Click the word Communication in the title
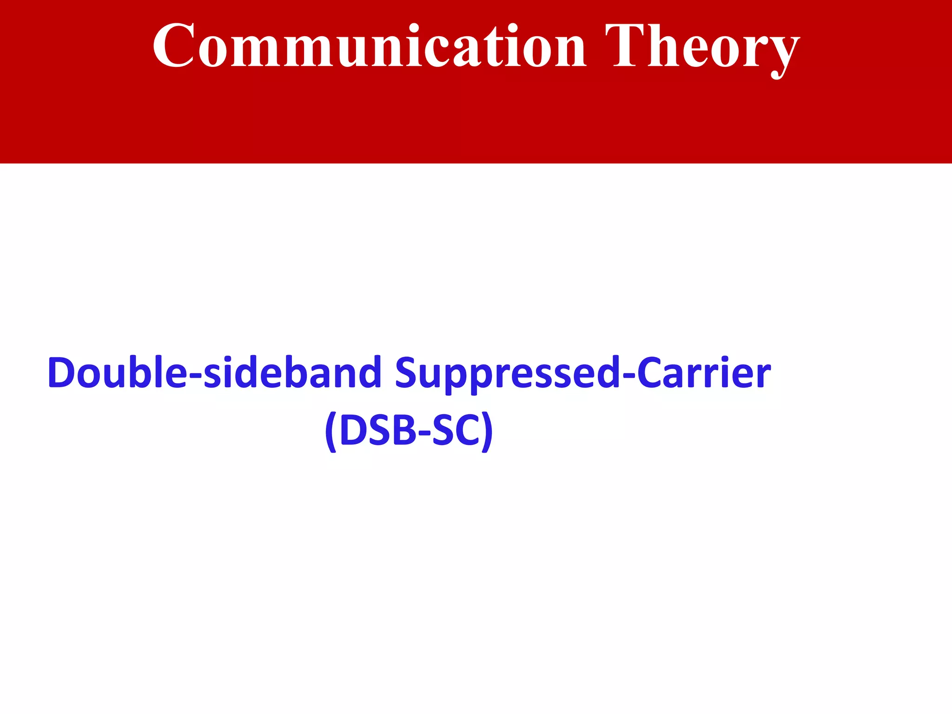[x=370, y=46]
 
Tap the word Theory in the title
[x=702, y=46]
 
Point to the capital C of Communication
[x=173, y=46]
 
